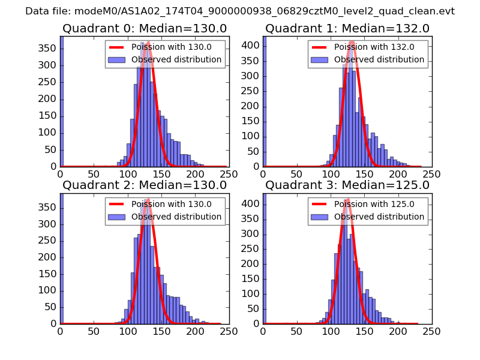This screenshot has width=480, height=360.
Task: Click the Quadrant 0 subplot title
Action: coord(144,28)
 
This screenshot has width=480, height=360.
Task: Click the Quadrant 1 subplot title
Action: coord(347,28)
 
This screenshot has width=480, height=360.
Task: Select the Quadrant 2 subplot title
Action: coord(144,185)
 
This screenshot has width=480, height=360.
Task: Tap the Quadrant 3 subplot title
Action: coord(347,185)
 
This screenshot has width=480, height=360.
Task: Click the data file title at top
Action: coord(240,11)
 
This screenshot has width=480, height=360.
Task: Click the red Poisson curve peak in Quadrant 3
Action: coord(347,200)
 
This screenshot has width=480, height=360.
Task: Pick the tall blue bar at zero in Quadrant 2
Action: coord(62,258)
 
